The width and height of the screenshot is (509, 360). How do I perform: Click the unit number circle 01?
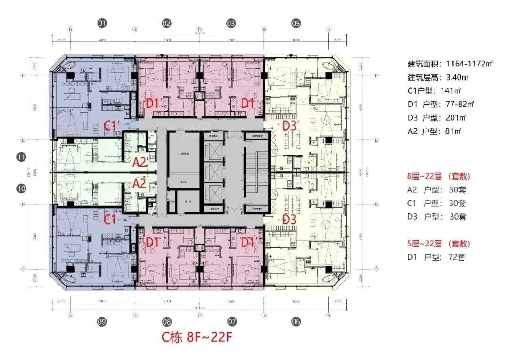pyautogui.click(x=102, y=23)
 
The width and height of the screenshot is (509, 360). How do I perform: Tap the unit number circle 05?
pyautogui.click(x=296, y=23)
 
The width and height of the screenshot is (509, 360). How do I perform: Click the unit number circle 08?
pyautogui.click(x=166, y=322)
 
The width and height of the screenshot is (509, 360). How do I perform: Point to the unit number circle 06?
pyautogui.click(x=296, y=322)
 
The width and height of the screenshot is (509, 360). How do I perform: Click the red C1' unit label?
pyautogui.click(x=113, y=126)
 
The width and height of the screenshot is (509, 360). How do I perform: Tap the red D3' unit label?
pyautogui.click(x=291, y=126)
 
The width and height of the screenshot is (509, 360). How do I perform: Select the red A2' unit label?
pyautogui.click(x=141, y=163)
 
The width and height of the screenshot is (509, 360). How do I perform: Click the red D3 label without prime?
pyautogui.click(x=289, y=219)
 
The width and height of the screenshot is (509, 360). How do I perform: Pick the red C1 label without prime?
pyautogui.click(x=110, y=219)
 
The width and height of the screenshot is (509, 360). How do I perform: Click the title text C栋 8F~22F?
pyautogui.click(x=197, y=337)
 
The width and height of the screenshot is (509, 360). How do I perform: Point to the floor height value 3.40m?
pyautogui.click(x=457, y=77)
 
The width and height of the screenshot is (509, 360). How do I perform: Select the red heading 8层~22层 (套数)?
pyautogui.click(x=439, y=176)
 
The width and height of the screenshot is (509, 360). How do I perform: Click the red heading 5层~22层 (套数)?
pyautogui.click(x=439, y=244)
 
